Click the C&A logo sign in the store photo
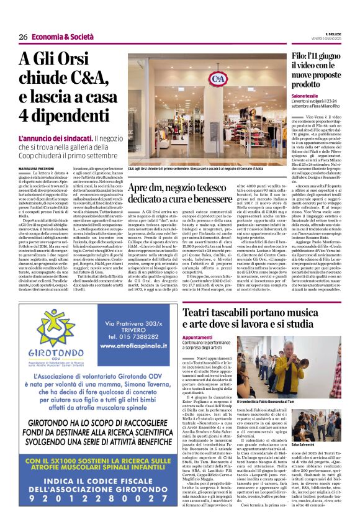[x=217, y=79]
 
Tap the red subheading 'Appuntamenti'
[x=198, y=337]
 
